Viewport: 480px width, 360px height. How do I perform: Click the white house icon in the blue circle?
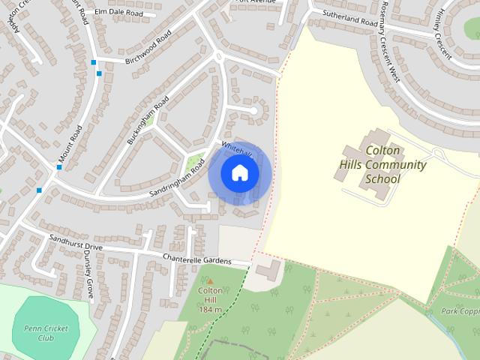point(239,173)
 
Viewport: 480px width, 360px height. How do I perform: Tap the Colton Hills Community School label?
point(382,165)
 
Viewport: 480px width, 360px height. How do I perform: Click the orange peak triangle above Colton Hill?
point(209,281)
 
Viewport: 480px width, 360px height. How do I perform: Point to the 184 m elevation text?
point(211,310)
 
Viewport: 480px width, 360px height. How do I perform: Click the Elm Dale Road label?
point(115,12)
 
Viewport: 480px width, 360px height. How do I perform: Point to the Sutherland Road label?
point(350,18)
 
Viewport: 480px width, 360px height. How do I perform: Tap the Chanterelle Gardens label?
point(197,259)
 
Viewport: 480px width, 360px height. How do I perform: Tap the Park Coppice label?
point(459,310)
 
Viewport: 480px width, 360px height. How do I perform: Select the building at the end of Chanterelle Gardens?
point(271,268)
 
